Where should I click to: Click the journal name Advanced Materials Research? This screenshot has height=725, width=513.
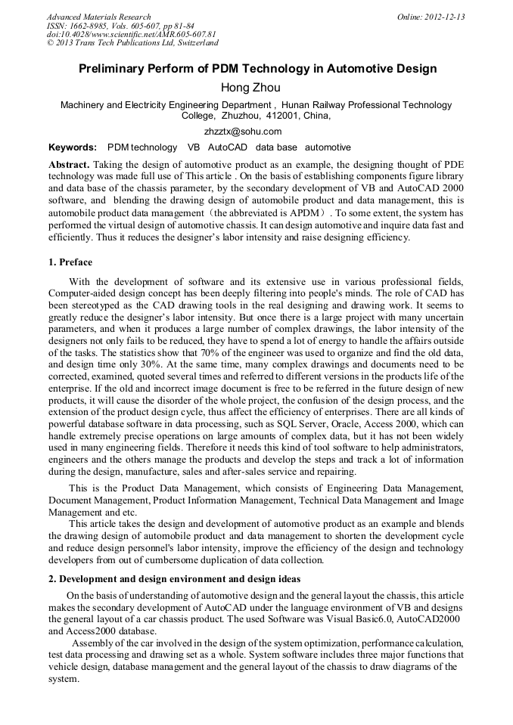click(x=98, y=17)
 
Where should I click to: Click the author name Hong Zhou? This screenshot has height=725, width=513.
click(x=256, y=88)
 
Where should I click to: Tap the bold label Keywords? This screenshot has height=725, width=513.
click(x=73, y=147)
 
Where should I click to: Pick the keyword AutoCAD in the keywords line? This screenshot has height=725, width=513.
click(x=228, y=147)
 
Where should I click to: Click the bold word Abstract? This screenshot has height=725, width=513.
click(x=69, y=165)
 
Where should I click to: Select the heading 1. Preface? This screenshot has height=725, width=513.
click(x=70, y=262)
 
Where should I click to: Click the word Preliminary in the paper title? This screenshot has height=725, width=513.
click(x=113, y=69)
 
